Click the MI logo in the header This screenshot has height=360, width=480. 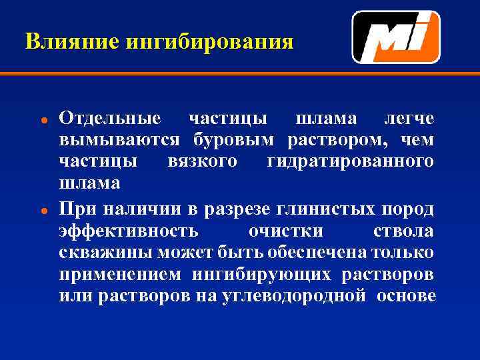(395, 37)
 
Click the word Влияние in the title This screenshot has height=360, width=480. (63, 42)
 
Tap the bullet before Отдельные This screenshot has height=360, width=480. (42, 120)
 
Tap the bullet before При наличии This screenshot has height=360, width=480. (42, 210)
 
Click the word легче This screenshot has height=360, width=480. (409, 119)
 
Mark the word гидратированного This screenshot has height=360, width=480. (350, 161)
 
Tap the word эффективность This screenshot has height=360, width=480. (128, 231)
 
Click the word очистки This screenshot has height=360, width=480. (285, 231)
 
